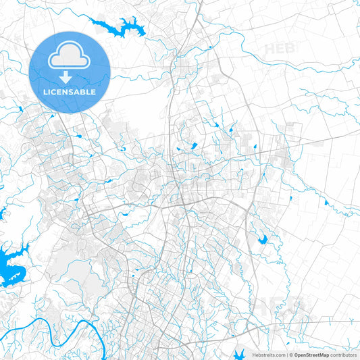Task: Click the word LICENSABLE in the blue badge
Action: (x=70, y=91)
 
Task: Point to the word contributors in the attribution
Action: (x=344, y=354)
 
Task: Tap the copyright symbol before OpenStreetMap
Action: (x=290, y=354)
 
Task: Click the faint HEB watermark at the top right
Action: (x=279, y=49)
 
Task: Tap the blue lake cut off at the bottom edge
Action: (x=240, y=353)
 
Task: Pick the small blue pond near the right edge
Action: (x=326, y=202)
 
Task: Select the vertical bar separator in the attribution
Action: (x=286, y=354)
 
